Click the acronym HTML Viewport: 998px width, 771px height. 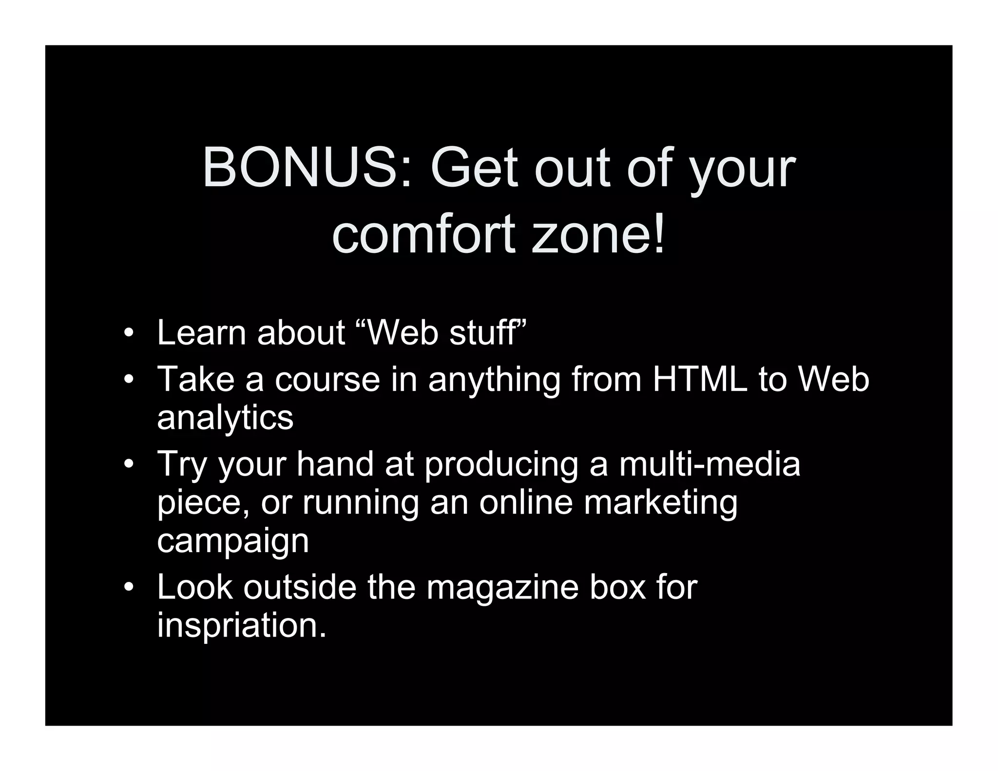(x=699, y=379)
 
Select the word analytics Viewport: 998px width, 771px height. (x=225, y=418)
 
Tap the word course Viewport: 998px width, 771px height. (x=327, y=379)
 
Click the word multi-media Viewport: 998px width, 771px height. (x=710, y=464)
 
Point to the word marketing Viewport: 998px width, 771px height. (x=661, y=502)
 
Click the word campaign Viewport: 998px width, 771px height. (x=233, y=541)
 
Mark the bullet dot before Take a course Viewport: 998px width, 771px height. (x=128, y=380)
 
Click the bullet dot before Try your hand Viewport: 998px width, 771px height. (x=128, y=465)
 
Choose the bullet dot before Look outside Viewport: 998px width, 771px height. (x=128, y=588)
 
